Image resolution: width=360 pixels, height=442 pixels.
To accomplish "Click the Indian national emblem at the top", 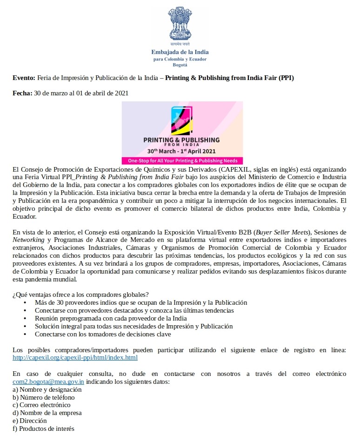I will pyautogui.click(x=180, y=24).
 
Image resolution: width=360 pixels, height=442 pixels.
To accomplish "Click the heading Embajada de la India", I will pyautogui.click(x=180, y=52).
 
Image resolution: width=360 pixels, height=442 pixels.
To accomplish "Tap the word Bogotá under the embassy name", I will pyautogui.click(x=180, y=65).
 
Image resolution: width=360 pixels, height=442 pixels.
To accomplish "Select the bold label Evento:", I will pyautogui.click(x=24, y=78).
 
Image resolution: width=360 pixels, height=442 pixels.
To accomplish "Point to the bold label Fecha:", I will pyautogui.click(x=22, y=94).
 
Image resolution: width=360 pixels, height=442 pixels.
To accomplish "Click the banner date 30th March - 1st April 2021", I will pyautogui.click(x=181, y=151).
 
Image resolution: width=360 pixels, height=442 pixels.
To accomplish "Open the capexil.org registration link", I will pyautogui.click(x=75, y=358).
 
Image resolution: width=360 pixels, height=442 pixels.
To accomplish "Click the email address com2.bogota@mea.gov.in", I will pyautogui.click(x=48, y=382).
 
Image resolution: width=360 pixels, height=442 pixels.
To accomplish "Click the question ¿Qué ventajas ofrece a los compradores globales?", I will pyautogui.click(x=81, y=295).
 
